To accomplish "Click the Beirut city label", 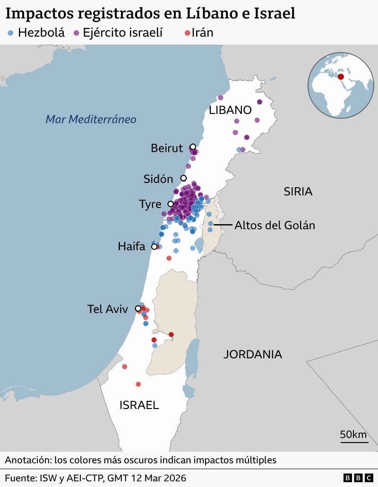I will click(x=166, y=148).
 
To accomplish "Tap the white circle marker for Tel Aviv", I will click(x=138, y=308).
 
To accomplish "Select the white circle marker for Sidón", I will click(x=184, y=178).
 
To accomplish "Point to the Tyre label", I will click(x=150, y=204).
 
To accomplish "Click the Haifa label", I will click(x=131, y=246).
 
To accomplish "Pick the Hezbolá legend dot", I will click(x=11, y=33).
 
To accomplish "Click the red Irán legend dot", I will click(x=188, y=33).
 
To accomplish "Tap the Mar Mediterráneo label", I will click(x=91, y=119).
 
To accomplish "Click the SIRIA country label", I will click(x=298, y=191).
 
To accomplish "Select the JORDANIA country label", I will click(x=253, y=354).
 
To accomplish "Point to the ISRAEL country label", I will click(x=139, y=405).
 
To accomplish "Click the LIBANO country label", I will click(x=230, y=110).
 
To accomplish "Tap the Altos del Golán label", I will click(x=275, y=225).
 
